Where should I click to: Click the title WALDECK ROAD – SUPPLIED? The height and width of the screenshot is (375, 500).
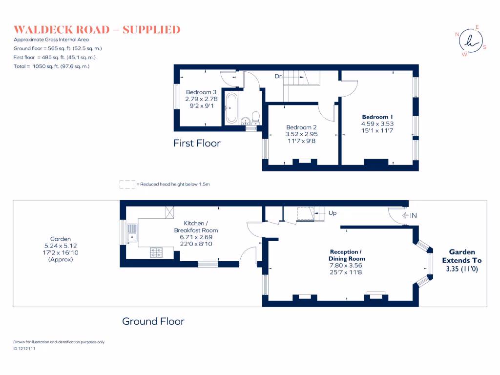(97, 30)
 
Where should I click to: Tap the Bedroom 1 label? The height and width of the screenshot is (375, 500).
(377, 117)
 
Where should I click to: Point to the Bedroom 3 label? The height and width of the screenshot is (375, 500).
(201, 92)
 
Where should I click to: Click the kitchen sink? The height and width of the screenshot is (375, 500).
(132, 233)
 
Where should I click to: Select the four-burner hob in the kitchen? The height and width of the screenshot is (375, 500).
(156, 252)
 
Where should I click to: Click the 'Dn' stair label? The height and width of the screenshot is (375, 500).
(278, 77)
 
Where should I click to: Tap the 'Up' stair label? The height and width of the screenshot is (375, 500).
(332, 213)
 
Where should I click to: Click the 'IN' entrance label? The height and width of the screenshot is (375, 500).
(413, 215)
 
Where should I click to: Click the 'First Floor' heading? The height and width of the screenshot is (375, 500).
(197, 143)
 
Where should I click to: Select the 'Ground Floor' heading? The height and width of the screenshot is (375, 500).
(153, 321)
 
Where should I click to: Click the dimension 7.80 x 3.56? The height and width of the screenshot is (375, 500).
(347, 266)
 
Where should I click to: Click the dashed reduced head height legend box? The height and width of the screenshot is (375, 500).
(127, 184)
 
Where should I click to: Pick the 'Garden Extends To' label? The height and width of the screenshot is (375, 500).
(458, 256)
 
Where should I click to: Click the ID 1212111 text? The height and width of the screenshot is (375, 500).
(24, 349)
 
